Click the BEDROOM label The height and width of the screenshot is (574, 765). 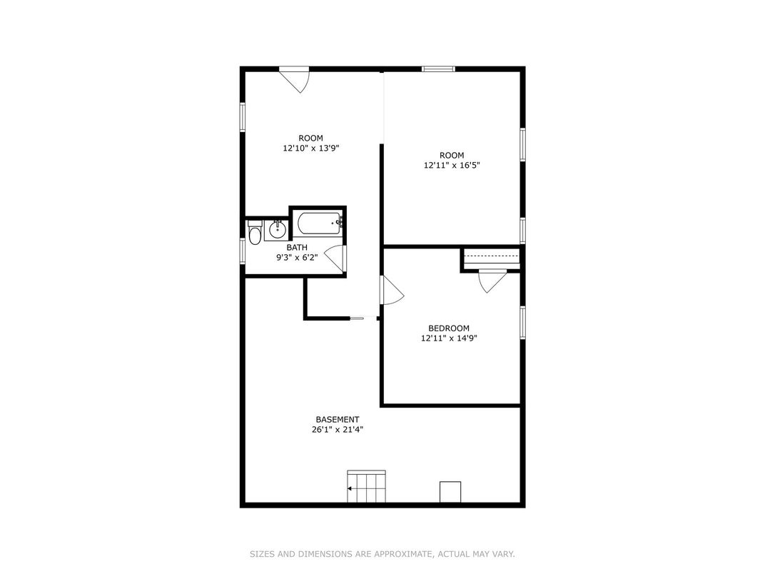click(449, 328)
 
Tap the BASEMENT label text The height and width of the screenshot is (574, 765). click(338, 420)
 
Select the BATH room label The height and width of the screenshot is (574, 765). click(297, 248)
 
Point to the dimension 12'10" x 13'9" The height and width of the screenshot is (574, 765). click(311, 148)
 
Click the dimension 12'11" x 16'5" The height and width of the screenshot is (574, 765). click(452, 166)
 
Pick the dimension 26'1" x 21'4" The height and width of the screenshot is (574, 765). click(338, 430)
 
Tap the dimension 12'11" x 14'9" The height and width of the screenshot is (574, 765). click(449, 338)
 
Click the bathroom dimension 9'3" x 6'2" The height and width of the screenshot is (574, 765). click(297, 257)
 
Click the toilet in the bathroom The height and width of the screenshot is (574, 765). click(255, 232)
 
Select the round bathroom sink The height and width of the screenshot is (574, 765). click(278, 230)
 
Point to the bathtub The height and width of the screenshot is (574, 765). click(320, 223)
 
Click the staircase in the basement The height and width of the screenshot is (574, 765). click(366, 486)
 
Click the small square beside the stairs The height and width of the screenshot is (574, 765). click(450, 492)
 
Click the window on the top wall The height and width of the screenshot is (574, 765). click(438, 69)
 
